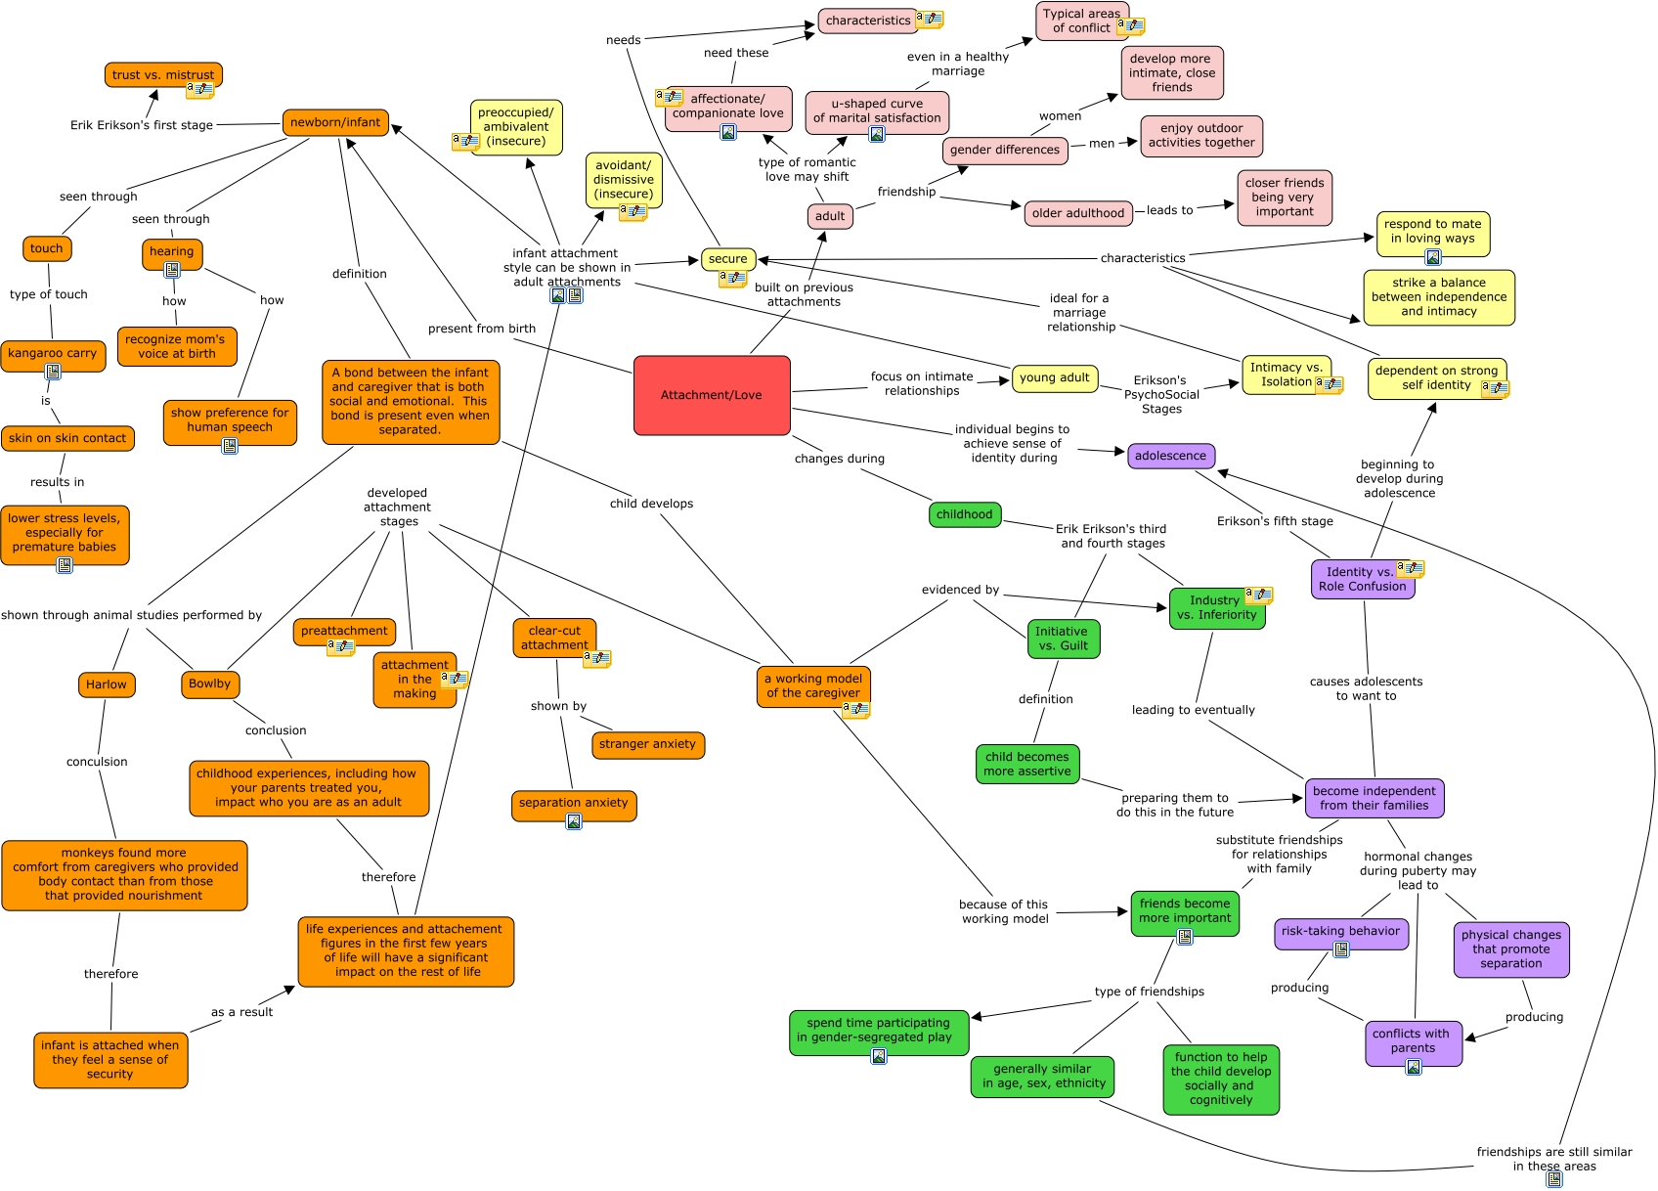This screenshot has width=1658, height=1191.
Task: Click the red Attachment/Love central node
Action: [x=712, y=395]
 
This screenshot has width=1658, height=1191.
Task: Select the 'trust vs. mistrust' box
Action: [x=162, y=74]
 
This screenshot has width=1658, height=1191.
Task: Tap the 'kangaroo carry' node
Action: [x=53, y=353]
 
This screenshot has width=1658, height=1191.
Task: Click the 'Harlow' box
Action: [x=107, y=684]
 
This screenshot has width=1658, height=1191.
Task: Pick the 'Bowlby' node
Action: [x=210, y=684]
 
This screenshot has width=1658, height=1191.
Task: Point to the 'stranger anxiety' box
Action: [x=647, y=744]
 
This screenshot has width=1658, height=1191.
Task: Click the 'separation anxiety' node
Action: [x=574, y=803]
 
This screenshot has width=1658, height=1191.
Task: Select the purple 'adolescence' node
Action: [x=1170, y=456]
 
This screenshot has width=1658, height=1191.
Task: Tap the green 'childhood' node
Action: [x=964, y=514]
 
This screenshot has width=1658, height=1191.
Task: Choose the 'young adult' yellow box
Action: [x=1054, y=377]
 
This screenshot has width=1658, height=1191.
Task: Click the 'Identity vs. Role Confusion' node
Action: [x=1362, y=579]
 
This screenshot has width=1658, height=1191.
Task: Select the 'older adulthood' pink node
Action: [x=1077, y=213]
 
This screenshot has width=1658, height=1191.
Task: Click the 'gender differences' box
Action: [x=1004, y=150]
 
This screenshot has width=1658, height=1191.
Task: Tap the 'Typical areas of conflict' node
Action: [x=1080, y=21]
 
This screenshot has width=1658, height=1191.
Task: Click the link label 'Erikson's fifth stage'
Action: [x=1275, y=521]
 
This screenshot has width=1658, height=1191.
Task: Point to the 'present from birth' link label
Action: [x=482, y=329]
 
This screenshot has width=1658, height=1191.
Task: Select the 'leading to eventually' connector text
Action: [x=1193, y=710]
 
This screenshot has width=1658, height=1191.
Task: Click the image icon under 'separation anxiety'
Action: [x=574, y=821]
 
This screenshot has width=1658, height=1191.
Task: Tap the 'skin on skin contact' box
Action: [x=67, y=438]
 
